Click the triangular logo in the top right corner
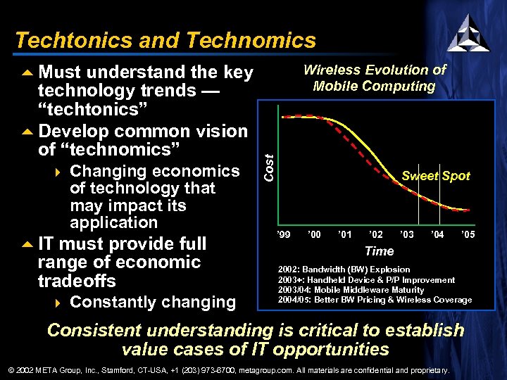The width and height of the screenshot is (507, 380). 468,33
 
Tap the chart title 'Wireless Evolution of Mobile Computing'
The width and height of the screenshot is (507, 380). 374,78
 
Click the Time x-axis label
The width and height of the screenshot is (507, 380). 379,251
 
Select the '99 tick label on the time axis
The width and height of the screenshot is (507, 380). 284,234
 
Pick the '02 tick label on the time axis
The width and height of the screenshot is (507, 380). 375,234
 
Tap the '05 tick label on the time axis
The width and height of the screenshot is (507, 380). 468,234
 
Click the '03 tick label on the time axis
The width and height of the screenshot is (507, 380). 406,234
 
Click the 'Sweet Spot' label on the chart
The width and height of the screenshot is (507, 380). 435,176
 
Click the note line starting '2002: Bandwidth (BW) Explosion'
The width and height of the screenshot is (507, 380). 344,270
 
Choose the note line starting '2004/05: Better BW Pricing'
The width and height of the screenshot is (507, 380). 375,300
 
